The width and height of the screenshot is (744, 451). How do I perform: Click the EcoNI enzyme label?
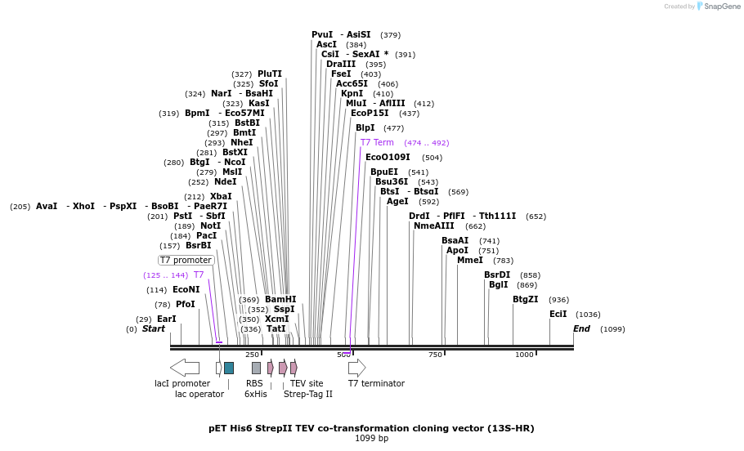(x=186, y=289)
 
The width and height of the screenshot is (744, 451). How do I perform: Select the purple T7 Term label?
(x=377, y=142)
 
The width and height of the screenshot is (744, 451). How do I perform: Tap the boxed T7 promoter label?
(x=186, y=260)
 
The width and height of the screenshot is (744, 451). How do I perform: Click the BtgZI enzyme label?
(x=526, y=300)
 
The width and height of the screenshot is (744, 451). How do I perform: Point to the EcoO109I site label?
(x=388, y=157)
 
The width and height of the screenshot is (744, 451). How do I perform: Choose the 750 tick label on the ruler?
(x=435, y=355)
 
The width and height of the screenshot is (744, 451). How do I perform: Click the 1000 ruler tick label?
(x=524, y=355)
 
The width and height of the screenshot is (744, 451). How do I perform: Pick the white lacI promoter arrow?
(x=185, y=368)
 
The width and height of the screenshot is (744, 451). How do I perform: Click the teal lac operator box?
(x=229, y=368)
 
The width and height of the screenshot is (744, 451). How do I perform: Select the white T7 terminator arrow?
(x=356, y=368)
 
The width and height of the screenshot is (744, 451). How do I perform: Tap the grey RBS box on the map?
(x=256, y=368)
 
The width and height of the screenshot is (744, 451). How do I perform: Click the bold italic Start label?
(x=154, y=329)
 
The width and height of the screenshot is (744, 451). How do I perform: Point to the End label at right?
(x=581, y=329)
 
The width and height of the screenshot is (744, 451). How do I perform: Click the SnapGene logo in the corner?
(x=717, y=6)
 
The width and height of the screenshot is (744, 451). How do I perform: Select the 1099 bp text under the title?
(x=371, y=439)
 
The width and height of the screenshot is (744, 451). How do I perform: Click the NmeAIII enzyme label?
(x=434, y=225)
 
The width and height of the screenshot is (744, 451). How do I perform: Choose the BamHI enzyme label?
(x=280, y=299)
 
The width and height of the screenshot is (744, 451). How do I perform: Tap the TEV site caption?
(x=307, y=383)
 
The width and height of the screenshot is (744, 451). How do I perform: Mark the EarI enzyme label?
(x=167, y=319)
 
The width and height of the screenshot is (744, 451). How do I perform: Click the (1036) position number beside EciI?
(x=588, y=314)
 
